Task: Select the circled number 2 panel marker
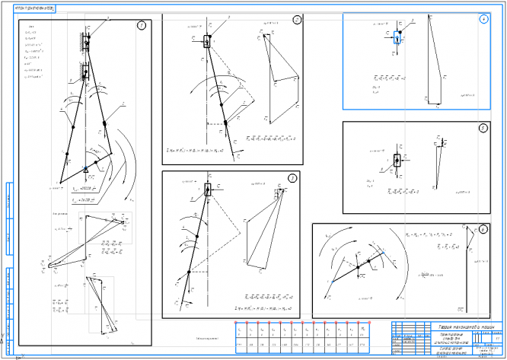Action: [x=296, y=20]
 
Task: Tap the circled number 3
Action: [x=292, y=179]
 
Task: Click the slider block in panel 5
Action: [x=397, y=163]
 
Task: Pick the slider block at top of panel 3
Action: [x=207, y=190]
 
